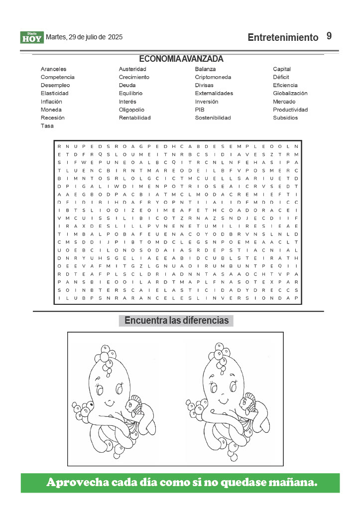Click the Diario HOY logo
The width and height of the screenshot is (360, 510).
(32, 37)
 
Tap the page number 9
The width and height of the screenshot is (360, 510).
(329, 36)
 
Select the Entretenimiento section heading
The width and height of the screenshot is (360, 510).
(282, 37)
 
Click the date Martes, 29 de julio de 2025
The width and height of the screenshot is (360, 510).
(84, 37)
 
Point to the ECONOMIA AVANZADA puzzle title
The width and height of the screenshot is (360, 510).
(181, 59)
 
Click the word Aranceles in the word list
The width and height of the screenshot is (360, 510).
(53, 69)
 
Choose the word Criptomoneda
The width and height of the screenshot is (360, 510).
(213, 77)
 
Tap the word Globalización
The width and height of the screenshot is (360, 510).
(290, 93)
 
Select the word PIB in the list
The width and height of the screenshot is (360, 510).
(200, 110)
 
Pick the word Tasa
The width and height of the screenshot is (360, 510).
(47, 126)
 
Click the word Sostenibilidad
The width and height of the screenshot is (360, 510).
(213, 118)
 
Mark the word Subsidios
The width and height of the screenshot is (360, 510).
(285, 118)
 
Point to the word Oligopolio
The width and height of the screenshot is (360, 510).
(131, 110)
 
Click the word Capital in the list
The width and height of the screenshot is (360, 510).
(282, 69)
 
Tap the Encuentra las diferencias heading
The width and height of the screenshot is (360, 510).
(176, 320)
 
